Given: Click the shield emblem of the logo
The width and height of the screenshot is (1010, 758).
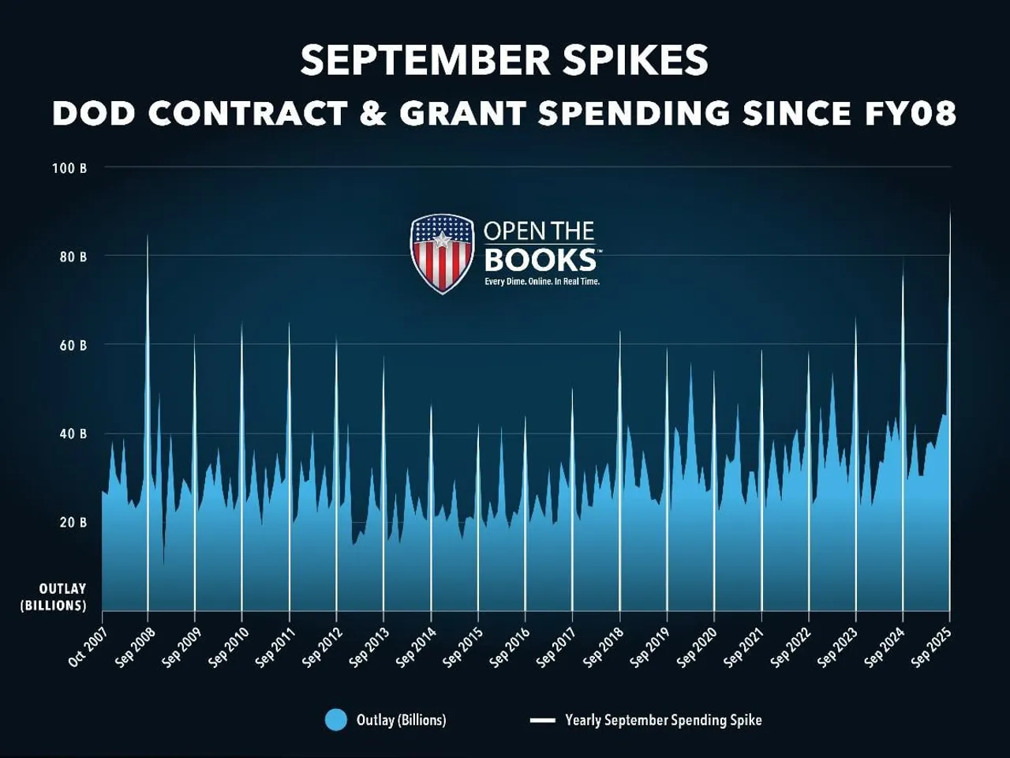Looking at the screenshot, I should click(442, 253).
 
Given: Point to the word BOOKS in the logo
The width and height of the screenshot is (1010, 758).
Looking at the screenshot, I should click(541, 260).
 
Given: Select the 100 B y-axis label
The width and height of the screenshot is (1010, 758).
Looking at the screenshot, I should click(69, 168).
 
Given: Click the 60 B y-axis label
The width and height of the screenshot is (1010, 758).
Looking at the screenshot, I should click(73, 345).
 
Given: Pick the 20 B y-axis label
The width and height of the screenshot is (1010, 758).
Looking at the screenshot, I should click(73, 522).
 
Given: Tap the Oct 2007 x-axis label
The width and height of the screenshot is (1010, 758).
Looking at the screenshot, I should click(88, 647).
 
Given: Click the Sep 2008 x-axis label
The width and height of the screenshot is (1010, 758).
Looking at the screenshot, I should click(135, 647).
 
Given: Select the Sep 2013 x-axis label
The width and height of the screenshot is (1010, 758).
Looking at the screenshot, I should click(369, 647).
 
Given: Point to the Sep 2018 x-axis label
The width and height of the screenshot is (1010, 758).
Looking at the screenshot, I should click(604, 647).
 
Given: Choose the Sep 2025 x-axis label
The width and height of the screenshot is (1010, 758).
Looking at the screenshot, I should click(932, 647).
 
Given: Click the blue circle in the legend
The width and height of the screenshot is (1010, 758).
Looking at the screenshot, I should click(336, 720).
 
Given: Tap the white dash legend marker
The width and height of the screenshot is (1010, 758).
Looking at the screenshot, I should click(543, 720).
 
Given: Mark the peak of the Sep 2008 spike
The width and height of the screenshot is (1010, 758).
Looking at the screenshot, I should click(148, 236).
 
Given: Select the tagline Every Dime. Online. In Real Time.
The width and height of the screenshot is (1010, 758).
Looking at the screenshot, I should click(542, 281).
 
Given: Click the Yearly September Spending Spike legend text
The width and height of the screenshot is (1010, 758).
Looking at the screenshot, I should click(664, 720).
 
